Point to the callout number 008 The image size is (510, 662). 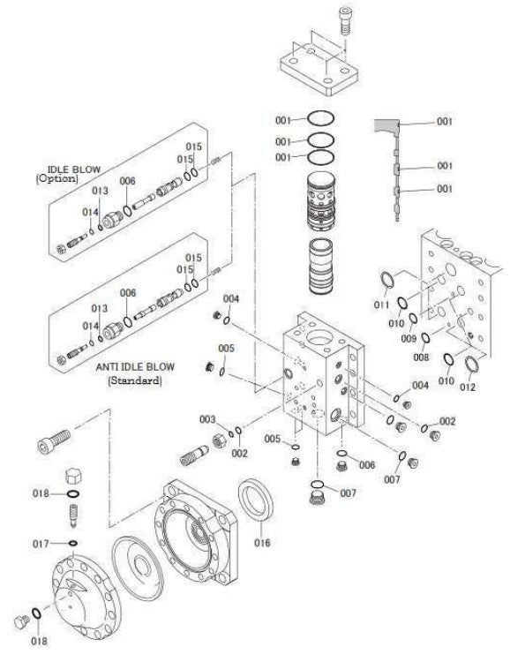coord(422,357)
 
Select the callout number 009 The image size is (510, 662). coord(408,338)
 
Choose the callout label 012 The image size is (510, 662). coord(468,387)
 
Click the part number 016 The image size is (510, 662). coord(262,543)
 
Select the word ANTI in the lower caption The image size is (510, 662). coord(104,366)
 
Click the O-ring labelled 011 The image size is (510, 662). coord(386,282)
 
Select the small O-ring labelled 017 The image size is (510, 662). coord(72,544)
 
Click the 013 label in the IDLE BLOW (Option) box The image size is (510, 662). coord(100,190)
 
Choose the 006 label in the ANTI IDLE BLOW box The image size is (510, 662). coord(128,293)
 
